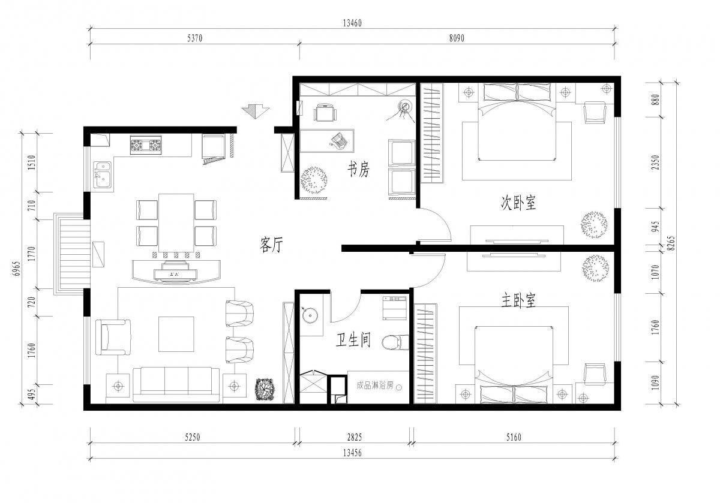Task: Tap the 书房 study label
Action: click(x=359, y=169)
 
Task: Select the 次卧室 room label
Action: click(x=518, y=203)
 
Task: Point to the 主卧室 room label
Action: click(x=518, y=300)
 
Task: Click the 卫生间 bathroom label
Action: click(x=353, y=340)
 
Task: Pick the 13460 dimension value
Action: click(x=352, y=23)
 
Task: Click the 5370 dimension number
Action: click(x=195, y=38)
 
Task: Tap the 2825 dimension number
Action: click(x=355, y=437)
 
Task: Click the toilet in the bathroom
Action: click(x=395, y=342)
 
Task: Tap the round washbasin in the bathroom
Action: click(x=309, y=315)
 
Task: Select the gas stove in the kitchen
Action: click(x=146, y=145)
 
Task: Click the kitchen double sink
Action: click(x=102, y=174)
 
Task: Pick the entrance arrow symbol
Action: click(x=256, y=112)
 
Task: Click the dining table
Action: click(x=176, y=223)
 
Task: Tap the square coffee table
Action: click(x=176, y=334)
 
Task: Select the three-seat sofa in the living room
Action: click(x=176, y=385)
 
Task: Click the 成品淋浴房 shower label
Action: click(x=375, y=385)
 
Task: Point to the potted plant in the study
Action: click(x=314, y=180)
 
